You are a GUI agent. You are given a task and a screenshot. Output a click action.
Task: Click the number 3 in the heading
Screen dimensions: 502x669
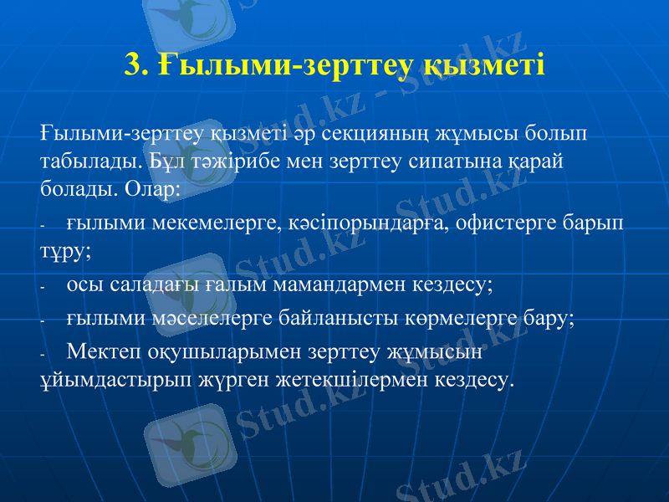(x=132, y=64)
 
